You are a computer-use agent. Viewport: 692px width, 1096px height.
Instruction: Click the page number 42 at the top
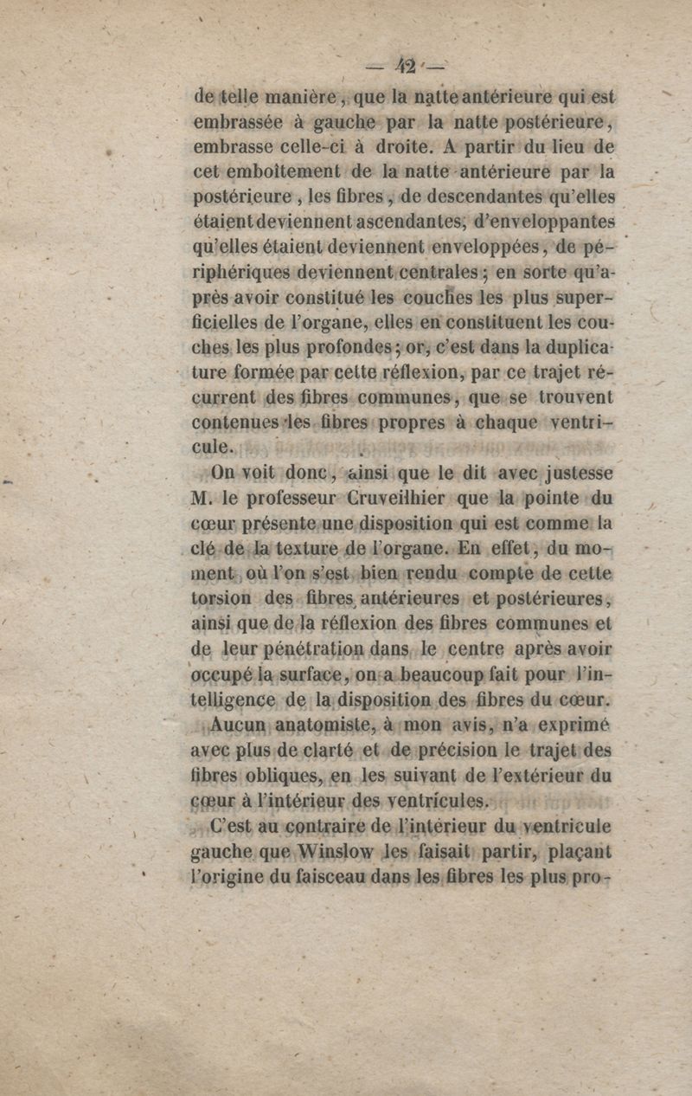click(x=406, y=66)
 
